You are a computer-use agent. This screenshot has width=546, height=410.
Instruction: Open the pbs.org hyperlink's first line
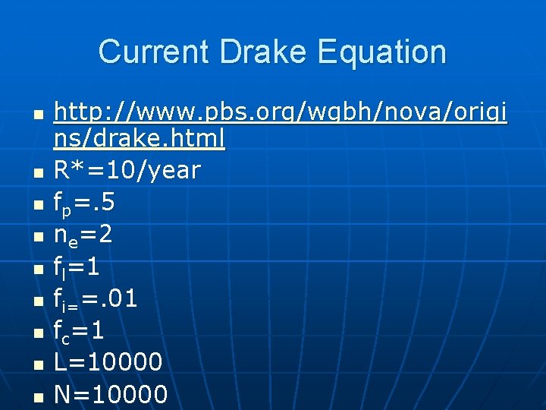pos(281,114)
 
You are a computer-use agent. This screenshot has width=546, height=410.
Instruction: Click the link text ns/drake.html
pos(139,139)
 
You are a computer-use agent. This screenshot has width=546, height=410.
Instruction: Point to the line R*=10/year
pos(127,171)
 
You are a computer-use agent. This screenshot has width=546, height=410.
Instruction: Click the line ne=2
pos(83,235)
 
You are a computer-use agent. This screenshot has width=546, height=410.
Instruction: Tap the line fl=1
pos(77,267)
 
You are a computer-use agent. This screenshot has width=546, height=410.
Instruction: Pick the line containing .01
pos(96,299)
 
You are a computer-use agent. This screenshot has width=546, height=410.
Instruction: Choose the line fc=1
pos(79,331)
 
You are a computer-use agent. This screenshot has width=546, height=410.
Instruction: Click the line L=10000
pos(108,363)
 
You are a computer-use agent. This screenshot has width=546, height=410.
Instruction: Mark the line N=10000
pos(111,395)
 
